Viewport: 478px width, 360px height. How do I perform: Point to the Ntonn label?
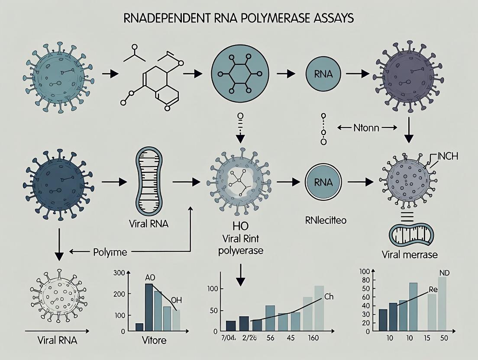(x=366, y=128)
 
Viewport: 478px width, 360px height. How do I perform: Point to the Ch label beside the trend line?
(x=329, y=297)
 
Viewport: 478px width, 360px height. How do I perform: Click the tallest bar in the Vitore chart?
(x=149, y=307)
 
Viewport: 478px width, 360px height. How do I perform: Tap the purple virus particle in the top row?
(x=403, y=74)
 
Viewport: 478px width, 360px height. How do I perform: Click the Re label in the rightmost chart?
(x=433, y=289)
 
